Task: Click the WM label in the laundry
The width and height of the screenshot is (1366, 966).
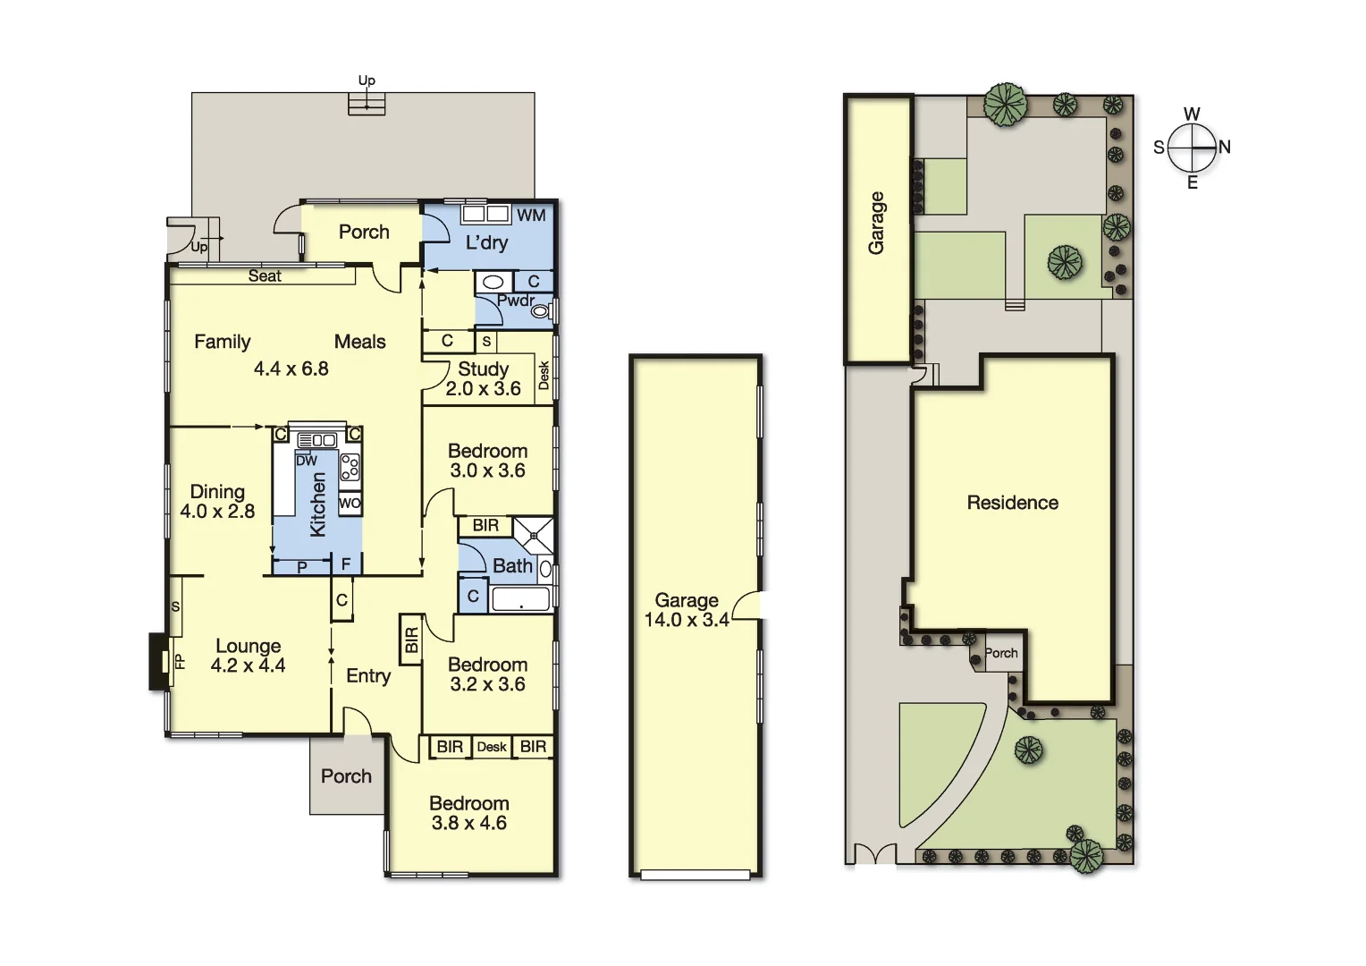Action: pyautogui.click(x=531, y=215)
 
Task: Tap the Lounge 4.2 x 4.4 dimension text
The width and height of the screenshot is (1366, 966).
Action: pyautogui.click(x=248, y=665)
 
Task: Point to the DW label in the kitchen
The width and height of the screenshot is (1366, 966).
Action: pyautogui.click(x=307, y=461)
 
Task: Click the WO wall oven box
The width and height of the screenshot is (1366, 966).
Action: pyautogui.click(x=350, y=504)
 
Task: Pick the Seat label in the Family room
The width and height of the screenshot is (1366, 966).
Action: pyautogui.click(x=265, y=276)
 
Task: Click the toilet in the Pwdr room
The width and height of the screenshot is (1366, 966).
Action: pyautogui.click(x=542, y=310)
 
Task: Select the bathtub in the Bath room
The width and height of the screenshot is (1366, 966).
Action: pyautogui.click(x=520, y=599)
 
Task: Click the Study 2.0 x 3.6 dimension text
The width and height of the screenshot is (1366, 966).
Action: pyautogui.click(x=484, y=388)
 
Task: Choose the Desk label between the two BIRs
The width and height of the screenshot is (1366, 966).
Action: pyautogui.click(x=492, y=747)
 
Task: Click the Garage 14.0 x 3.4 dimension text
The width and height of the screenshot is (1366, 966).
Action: pyautogui.click(x=687, y=620)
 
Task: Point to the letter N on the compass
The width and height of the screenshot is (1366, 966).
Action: pyautogui.click(x=1225, y=147)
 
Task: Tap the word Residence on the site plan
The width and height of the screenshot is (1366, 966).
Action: pyautogui.click(x=1012, y=503)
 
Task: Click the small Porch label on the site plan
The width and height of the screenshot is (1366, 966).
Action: pyautogui.click(x=1001, y=653)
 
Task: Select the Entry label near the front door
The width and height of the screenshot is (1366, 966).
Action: pyautogui.click(x=368, y=676)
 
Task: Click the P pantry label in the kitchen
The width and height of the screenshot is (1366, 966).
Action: pyautogui.click(x=302, y=567)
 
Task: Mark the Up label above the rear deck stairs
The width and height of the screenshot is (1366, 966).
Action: pyautogui.click(x=367, y=80)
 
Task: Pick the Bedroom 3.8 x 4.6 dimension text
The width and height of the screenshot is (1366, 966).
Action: pyautogui.click(x=468, y=823)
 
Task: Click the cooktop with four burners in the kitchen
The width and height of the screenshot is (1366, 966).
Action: pyautogui.click(x=350, y=467)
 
